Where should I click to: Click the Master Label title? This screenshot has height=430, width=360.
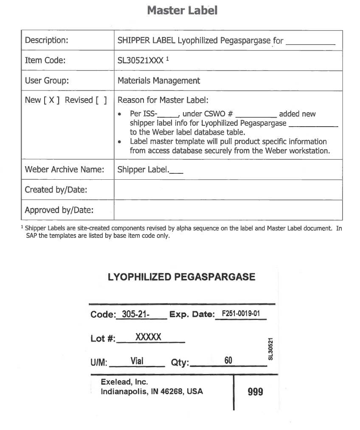point(182,10)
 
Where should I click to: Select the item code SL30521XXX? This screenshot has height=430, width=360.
point(141,61)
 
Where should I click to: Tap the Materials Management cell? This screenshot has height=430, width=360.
point(159,81)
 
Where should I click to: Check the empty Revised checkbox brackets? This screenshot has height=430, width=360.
point(101,100)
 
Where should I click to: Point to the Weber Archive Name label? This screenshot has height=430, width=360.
point(65,170)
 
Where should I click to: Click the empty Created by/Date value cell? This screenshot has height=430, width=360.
point(228,190)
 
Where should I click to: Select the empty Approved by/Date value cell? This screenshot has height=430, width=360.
point(228,210)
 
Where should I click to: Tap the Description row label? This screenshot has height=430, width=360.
point(47,40)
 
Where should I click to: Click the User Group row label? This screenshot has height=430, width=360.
point(47,81)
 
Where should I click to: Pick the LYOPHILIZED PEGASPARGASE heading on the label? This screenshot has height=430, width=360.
point(182,277)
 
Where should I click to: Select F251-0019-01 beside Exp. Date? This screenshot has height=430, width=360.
point(241,314)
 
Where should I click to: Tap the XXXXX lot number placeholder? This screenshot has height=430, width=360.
point(148,337)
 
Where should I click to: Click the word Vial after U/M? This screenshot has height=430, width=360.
point(137,361)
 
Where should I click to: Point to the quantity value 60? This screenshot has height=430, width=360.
point(228,361)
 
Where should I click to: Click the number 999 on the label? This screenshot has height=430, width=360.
point(255,391)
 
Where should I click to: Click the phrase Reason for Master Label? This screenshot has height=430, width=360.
point(163,100)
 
